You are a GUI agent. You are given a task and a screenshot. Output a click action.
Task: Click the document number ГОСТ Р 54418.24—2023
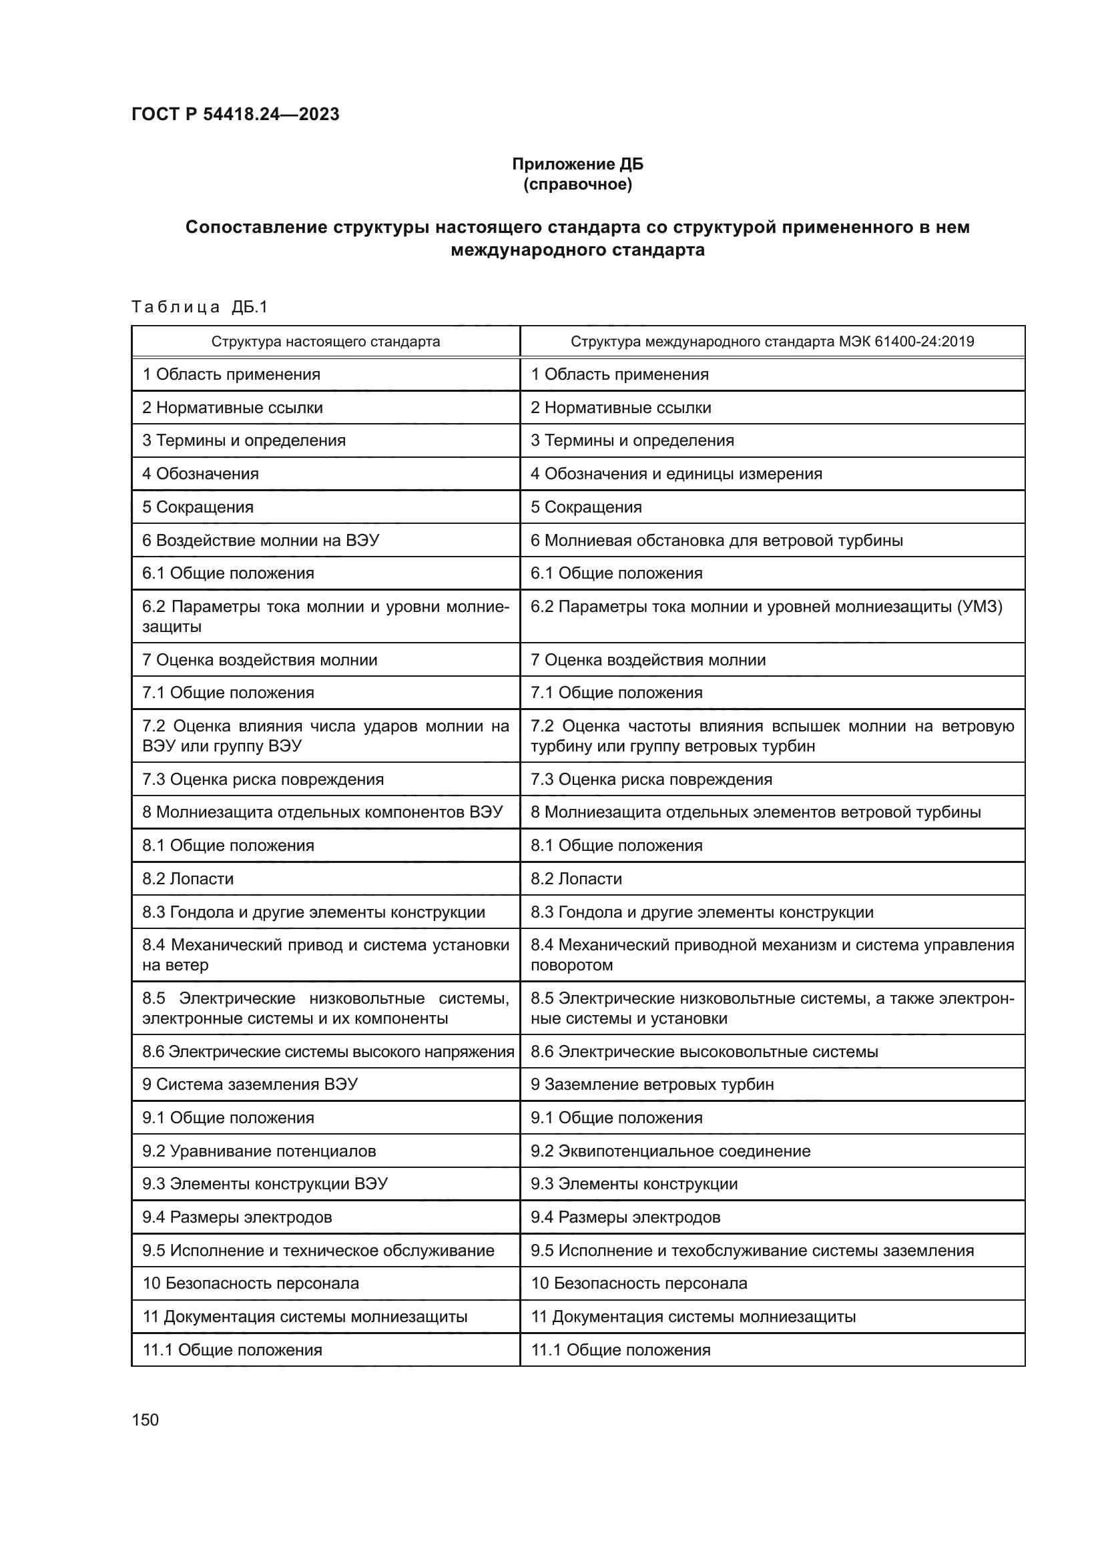235,114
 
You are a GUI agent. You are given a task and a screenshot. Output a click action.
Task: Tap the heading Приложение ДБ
577,164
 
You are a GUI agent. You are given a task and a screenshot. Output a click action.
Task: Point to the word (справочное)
577,184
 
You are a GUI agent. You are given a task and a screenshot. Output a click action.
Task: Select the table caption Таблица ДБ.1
200,307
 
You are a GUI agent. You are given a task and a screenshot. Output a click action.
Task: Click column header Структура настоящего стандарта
326,341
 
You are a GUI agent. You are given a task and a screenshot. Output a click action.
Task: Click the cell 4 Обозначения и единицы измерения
675,474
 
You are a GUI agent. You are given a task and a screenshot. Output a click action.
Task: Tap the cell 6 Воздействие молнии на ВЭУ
260,541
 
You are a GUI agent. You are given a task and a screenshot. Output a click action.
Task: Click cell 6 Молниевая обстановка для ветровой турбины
716,541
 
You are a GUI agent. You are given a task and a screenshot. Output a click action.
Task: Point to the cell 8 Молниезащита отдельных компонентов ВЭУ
322,812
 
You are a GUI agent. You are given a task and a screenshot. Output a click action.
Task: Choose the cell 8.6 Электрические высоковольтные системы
704,1052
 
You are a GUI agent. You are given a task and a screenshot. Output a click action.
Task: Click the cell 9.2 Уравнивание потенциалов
259,1151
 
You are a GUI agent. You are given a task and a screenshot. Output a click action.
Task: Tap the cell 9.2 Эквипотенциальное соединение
670,1151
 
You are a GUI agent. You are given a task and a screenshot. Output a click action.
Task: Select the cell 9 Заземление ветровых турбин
652,1084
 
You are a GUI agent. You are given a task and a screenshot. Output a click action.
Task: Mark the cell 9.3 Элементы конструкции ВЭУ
265,1184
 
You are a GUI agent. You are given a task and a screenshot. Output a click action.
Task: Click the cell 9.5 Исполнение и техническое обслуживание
318,1250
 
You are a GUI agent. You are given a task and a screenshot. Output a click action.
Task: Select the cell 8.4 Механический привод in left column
325,955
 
